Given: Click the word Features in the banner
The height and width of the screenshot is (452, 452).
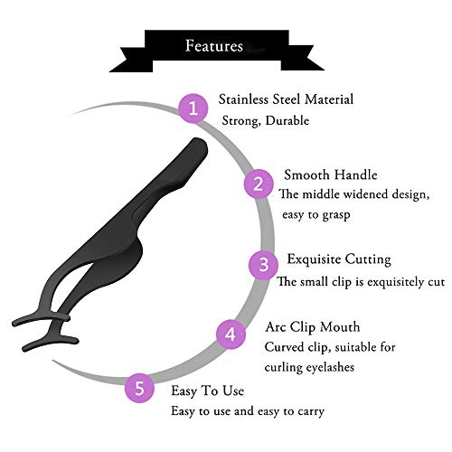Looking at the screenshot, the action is click(x=214, y=46).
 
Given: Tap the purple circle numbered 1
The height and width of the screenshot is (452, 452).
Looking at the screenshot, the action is click(x=193, y=108).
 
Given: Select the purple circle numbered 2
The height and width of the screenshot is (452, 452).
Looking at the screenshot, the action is click(x=259, y=184).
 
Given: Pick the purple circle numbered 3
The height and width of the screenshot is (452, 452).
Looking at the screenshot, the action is click(x=263, y=265).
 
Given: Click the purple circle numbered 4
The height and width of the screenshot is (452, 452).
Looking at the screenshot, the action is click(x=231, y=334).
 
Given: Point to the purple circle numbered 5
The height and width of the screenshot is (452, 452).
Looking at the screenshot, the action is click(x=139, y=388).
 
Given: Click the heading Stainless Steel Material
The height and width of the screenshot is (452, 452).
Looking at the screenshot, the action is click(x=286, y=99).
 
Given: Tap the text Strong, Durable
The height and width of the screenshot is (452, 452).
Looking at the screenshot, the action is click(x=266, y=121).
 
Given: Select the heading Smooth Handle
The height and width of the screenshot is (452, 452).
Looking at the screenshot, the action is click(x=331, y=174).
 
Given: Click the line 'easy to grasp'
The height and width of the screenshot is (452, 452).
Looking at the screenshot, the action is click(x=316, y=215).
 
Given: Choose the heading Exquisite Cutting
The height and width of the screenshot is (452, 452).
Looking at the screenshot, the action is click(x=339, y=259).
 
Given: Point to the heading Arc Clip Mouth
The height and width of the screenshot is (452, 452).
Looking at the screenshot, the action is click(x=313, y=327).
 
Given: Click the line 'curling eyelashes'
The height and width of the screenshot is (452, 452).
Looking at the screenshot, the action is click(x=309, y=367).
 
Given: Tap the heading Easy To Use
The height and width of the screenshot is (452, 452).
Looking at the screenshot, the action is click(x=208, y=391).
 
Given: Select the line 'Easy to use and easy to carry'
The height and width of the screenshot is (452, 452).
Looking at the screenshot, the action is click(x=248, y=411).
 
